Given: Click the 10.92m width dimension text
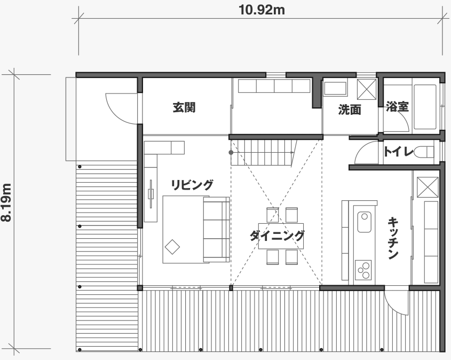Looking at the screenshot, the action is [x=262, y=10].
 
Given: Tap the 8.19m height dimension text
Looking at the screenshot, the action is [x=6, y=202].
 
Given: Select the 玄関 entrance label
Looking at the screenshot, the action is [x=184, y=107].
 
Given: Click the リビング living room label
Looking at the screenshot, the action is [x=192, y=185].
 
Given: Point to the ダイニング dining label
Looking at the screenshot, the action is [x=277, y=236].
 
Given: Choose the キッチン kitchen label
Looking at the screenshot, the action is [x=393, y=239].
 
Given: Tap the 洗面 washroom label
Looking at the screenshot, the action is [x=350, y=109].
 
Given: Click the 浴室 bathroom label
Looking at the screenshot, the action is [x=397, y=106].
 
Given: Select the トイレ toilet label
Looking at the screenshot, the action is [x=398, y=151].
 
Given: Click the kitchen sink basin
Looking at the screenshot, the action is [x=364, y=222].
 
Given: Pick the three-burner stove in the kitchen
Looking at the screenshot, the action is [x=363, y=270].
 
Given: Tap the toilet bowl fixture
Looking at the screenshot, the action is [x=424, y=152].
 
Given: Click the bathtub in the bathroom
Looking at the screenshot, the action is [x=425, y=107].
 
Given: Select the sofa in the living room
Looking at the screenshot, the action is [x=216, y=230].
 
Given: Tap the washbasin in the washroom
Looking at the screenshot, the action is [x=335, y=89].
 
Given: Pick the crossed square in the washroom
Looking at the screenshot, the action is [x=367, y=89].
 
